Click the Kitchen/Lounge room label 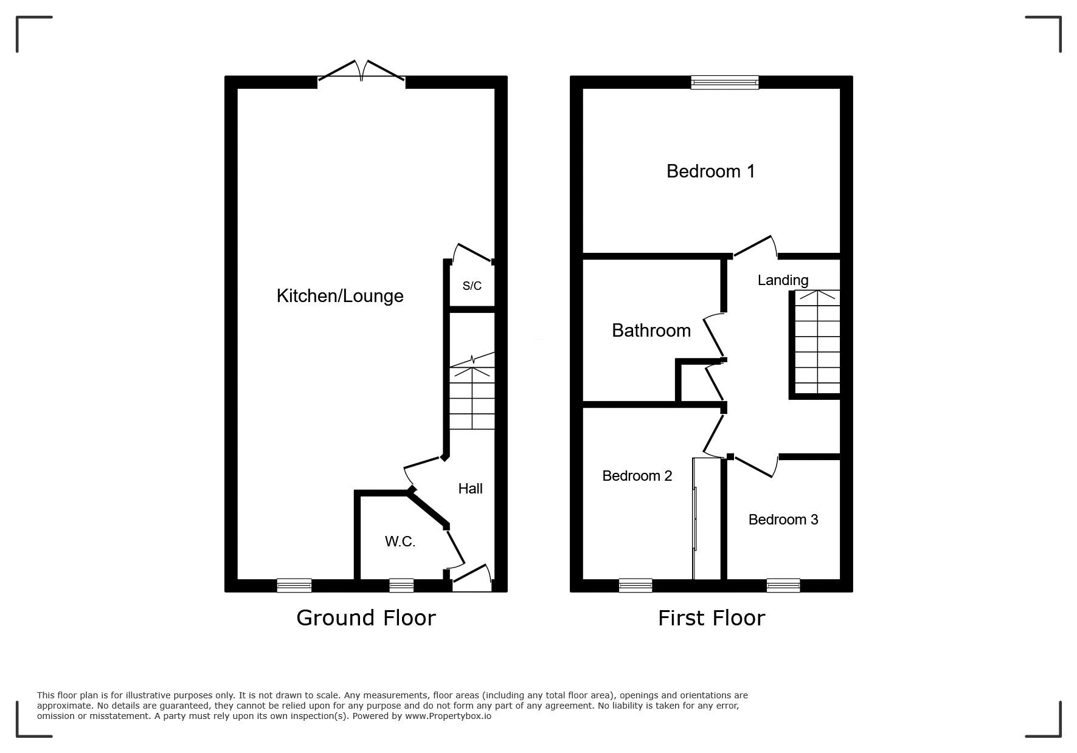[340, 296]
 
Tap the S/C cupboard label [472, 286]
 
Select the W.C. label [400, 542]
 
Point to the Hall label [470, 489]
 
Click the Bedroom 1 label [711, 171]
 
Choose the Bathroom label [651, 331]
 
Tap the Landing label [783, 280]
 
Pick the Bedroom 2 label [637, 476]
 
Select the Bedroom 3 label [783, 520]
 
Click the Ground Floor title [366, 618]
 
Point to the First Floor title [712, 618]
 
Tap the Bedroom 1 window [725, 82]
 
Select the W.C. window [401, 585]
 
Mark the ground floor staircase [472, 391]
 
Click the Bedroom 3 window [783, 585]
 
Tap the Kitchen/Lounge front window [294, 585]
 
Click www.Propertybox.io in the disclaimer [448, 716]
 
